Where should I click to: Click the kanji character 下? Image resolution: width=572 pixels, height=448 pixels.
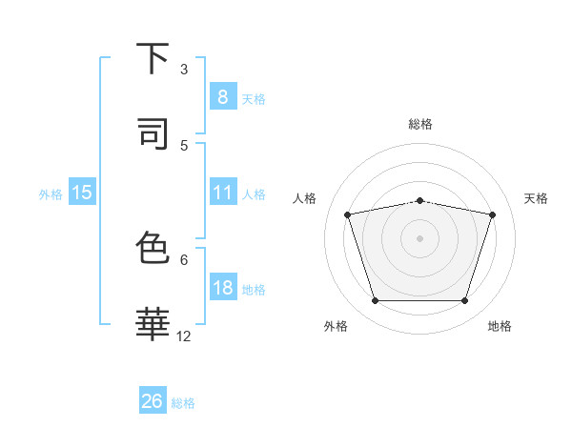(x=153, y=59)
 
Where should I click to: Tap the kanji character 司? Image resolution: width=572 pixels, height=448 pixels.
(x=153, y=134)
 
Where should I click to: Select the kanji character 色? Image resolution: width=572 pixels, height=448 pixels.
(x=153, y=249)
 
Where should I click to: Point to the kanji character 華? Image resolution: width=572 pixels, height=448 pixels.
(x=153, y=325)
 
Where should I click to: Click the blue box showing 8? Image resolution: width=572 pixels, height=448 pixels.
(x=222, y=97)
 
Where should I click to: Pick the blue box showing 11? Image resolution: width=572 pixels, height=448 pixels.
(x=222, y=193)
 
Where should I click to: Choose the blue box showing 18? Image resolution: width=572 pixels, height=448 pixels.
(x=222, y=288)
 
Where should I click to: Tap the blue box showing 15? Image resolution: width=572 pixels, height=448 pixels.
(x=82, y=193)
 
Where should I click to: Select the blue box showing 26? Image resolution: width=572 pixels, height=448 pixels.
(x=152, y=401)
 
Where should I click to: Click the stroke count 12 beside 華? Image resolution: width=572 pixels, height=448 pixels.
(x=184, y=336)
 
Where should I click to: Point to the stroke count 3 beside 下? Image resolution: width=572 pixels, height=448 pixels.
(x=184, y=69)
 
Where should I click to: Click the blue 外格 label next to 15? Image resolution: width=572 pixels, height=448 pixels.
(x=51, y=193)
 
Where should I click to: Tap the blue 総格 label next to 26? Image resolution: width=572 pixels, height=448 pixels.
(x=183, y=402)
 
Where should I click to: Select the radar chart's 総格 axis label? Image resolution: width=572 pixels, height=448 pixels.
(x=419, y=124)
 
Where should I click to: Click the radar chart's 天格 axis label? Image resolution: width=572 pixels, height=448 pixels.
(x=536, y=198)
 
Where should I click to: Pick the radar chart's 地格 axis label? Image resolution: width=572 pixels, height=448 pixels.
(x=500, y=326)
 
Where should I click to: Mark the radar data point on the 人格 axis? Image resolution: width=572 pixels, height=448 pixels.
(x=348, y=214)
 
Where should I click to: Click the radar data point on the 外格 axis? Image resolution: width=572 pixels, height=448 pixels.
(x=375, y=301)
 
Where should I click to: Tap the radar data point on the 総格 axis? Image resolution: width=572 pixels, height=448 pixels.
(x=419, y=200)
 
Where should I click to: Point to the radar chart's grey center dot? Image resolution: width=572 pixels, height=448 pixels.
(x=419, y=238)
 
